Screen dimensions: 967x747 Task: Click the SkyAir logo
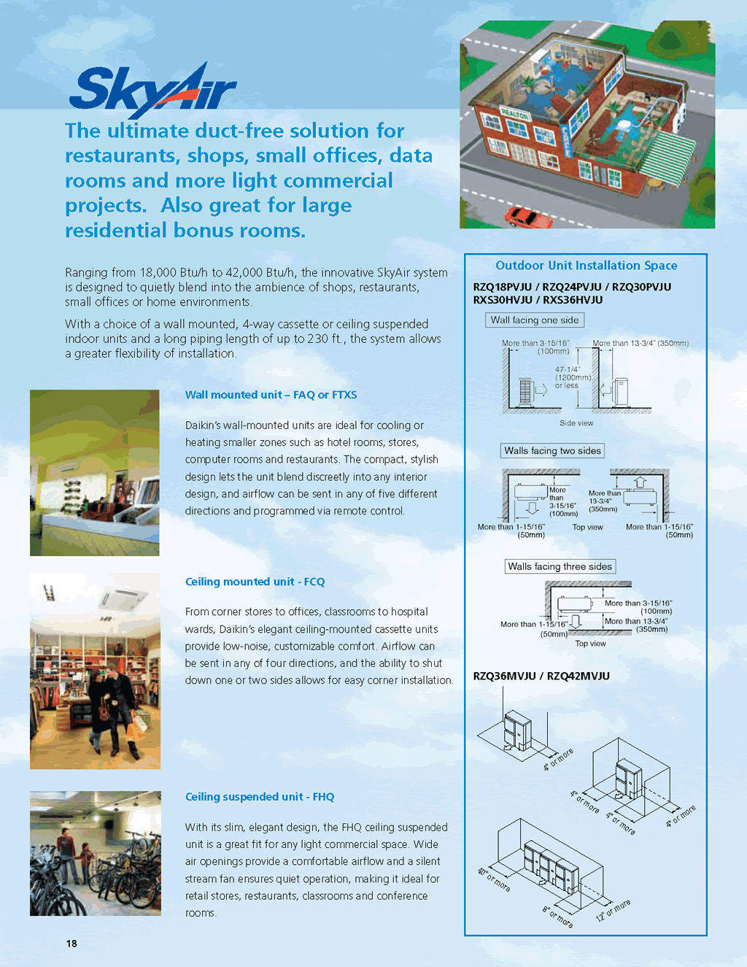tap(153, 90)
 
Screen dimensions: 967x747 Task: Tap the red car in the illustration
tap(522, 216)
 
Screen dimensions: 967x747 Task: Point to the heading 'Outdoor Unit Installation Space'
tap(586, 266)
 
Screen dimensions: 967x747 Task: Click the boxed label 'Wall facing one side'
tap(535, 320)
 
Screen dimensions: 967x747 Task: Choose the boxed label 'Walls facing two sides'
tap(552, 450)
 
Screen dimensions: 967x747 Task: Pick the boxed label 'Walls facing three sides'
tap(560, 566)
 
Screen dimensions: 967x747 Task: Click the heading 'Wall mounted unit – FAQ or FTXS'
tap(271, 395)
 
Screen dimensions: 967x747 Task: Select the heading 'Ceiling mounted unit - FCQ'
tap(255, 582)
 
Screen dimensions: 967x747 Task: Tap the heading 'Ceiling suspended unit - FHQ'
tap(259, 797)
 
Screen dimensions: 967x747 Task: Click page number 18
tap(71, 944)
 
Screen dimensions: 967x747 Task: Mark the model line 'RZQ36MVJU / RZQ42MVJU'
tap(541, 676)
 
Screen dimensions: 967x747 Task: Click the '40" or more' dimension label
tap(494, 879)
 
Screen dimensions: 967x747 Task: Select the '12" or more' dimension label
tap(613, 910)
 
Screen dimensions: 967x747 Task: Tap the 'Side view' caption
tap(576, 423)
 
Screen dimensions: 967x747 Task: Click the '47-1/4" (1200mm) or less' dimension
tap(571, 377)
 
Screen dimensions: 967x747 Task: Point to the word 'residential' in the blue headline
tap(117, 231)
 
